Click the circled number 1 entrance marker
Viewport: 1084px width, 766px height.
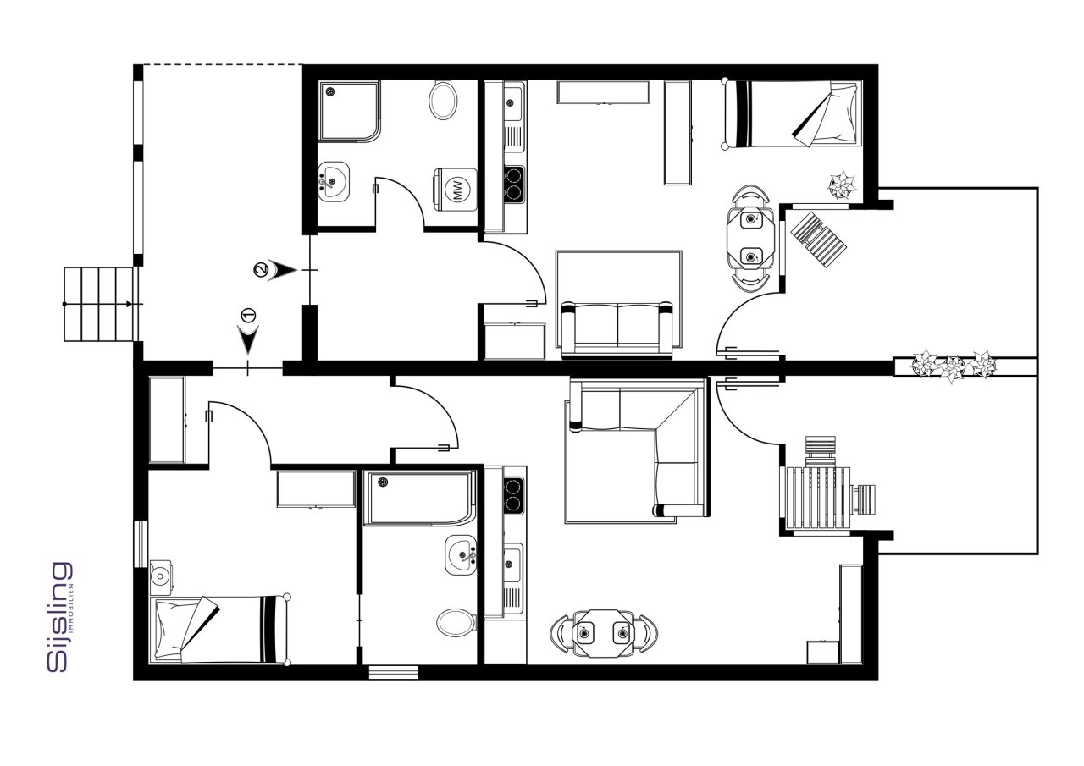coord(248,316)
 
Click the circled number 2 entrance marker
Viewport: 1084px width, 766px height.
coord(260,269)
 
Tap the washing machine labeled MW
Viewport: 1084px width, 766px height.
coord(455,190)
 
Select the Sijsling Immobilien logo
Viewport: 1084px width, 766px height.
coord(60,617)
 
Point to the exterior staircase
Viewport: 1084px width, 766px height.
coord(101,304)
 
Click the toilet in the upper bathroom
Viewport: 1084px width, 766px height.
coord(443,101)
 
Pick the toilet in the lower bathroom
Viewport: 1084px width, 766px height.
coord(456,623)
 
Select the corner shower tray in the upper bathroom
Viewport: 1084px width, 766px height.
coord(350,112)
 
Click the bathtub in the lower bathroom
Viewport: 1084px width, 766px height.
coord(419,499)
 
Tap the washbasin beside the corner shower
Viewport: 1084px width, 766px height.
coord(334,182)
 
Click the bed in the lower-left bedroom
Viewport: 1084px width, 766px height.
coord(221,629)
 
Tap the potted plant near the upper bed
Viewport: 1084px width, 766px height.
coord(842,185)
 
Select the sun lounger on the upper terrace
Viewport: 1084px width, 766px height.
coord(818,239)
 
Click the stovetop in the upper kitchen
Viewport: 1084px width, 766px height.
coord(514,185)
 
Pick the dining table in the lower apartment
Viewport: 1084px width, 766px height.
coord(604,633)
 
